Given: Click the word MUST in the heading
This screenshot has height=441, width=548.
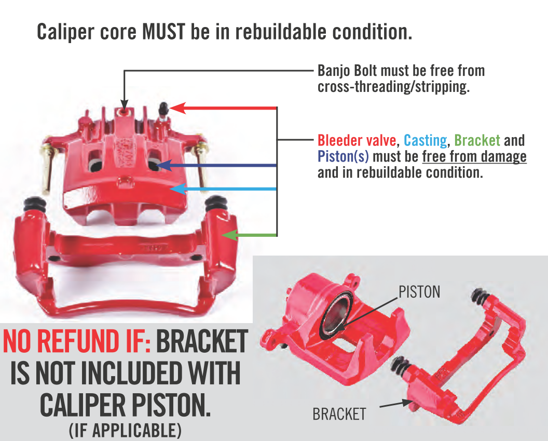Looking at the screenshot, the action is click(x=163, y=32).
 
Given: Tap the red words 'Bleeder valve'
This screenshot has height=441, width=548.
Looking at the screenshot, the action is click(x=357, y=140).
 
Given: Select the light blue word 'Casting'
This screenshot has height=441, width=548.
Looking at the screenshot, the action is click(x=426, y=141).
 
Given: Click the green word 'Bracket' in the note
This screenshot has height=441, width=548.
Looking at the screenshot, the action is click(x=477, y=140).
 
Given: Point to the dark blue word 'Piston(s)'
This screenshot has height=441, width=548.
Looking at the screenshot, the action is click(x=343, y=156).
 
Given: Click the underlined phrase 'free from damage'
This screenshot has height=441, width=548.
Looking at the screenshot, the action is click(x=474, y=156).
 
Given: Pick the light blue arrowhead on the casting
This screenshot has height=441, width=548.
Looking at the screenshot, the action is click(x=177, y=189).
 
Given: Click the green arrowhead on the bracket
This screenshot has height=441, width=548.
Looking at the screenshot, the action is click(x=229, y=235).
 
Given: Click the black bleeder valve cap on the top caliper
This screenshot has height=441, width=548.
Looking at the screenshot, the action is click(x=163, y=109).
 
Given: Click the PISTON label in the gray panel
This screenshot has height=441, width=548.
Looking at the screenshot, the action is click(x=419, y=292).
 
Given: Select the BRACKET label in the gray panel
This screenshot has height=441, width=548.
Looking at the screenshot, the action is click(x=339, y=415).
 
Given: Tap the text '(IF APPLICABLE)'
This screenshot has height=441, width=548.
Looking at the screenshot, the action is click(x=126, y=430).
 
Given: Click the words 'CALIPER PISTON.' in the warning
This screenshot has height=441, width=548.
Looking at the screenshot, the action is click(x=126, y=405).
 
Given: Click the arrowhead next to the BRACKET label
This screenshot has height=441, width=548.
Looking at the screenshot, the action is click(x=407, y=403).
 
